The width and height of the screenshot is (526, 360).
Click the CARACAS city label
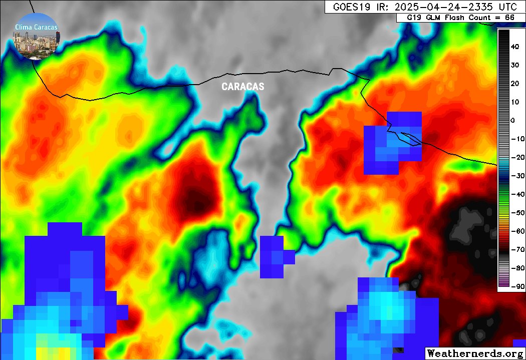243,87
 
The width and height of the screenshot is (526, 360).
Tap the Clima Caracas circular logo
36,36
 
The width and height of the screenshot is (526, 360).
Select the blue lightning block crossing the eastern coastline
393,143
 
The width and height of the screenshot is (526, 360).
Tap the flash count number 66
509,18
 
